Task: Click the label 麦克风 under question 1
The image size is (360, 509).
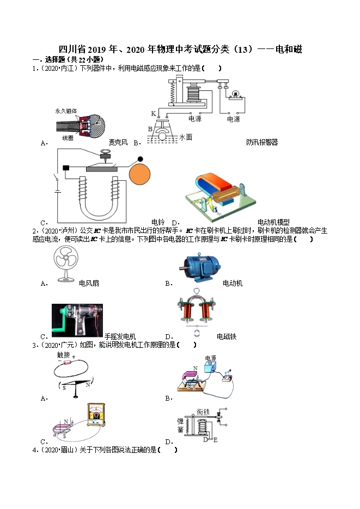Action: pos(118,143)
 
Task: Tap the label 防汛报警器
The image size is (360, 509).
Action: pos(261,143)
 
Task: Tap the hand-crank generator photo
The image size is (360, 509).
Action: pos(77,320)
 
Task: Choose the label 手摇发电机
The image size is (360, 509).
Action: pos(120,336)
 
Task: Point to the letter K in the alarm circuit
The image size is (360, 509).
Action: pos(153,113)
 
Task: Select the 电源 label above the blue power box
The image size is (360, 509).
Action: pos(210,358)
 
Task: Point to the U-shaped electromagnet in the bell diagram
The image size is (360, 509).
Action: pos(98,199)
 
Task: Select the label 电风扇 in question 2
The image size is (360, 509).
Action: pos(89,283)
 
